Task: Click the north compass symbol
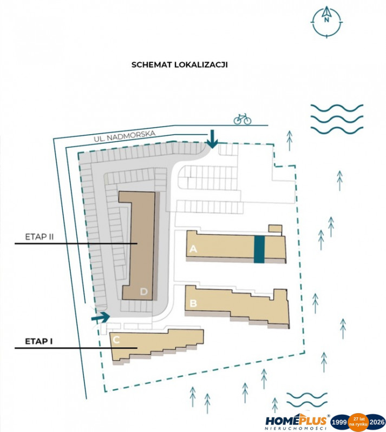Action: pyautogui.click(x=327, y=22)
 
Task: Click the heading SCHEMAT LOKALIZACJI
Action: pyautogui.click(x=179, y=65)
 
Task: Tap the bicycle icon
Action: pyautogui.click(x=243, y=119)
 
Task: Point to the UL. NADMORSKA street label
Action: pyautogui.click(x=125, y=136)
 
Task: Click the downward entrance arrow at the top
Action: pyautogui.click(x=212, y=139)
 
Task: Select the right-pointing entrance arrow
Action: pyautogui.click(x=101, y=317)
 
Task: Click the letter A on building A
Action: pyautogui.click(x=193, y=249)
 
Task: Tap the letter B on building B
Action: pyautogui.click(x=193, y=303)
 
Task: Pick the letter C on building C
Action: pyautogui.click(x=116, y=340)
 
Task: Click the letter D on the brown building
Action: pyautogui.click(x=144, y=291)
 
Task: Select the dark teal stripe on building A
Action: pyautogui.click(x=259, y=249)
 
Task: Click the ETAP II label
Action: pyautogui.click(x=39, y=237)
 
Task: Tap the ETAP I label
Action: pyautogui.click(x=39, y=341)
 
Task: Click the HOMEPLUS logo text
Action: pyautogui.click(x=296, y=421)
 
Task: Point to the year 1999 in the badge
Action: pyautogui.click(x=339, y=422)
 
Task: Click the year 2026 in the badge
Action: pyautogui.click(x=377, y=422)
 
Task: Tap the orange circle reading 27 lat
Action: pyautogui.click(x=358, y=422)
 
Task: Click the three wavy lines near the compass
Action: pyautogui.click(x=337, y=119)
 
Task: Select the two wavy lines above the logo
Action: pyautogui.click(x=307, y=400)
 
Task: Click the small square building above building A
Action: pyautogui.click(x=275, y=229)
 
